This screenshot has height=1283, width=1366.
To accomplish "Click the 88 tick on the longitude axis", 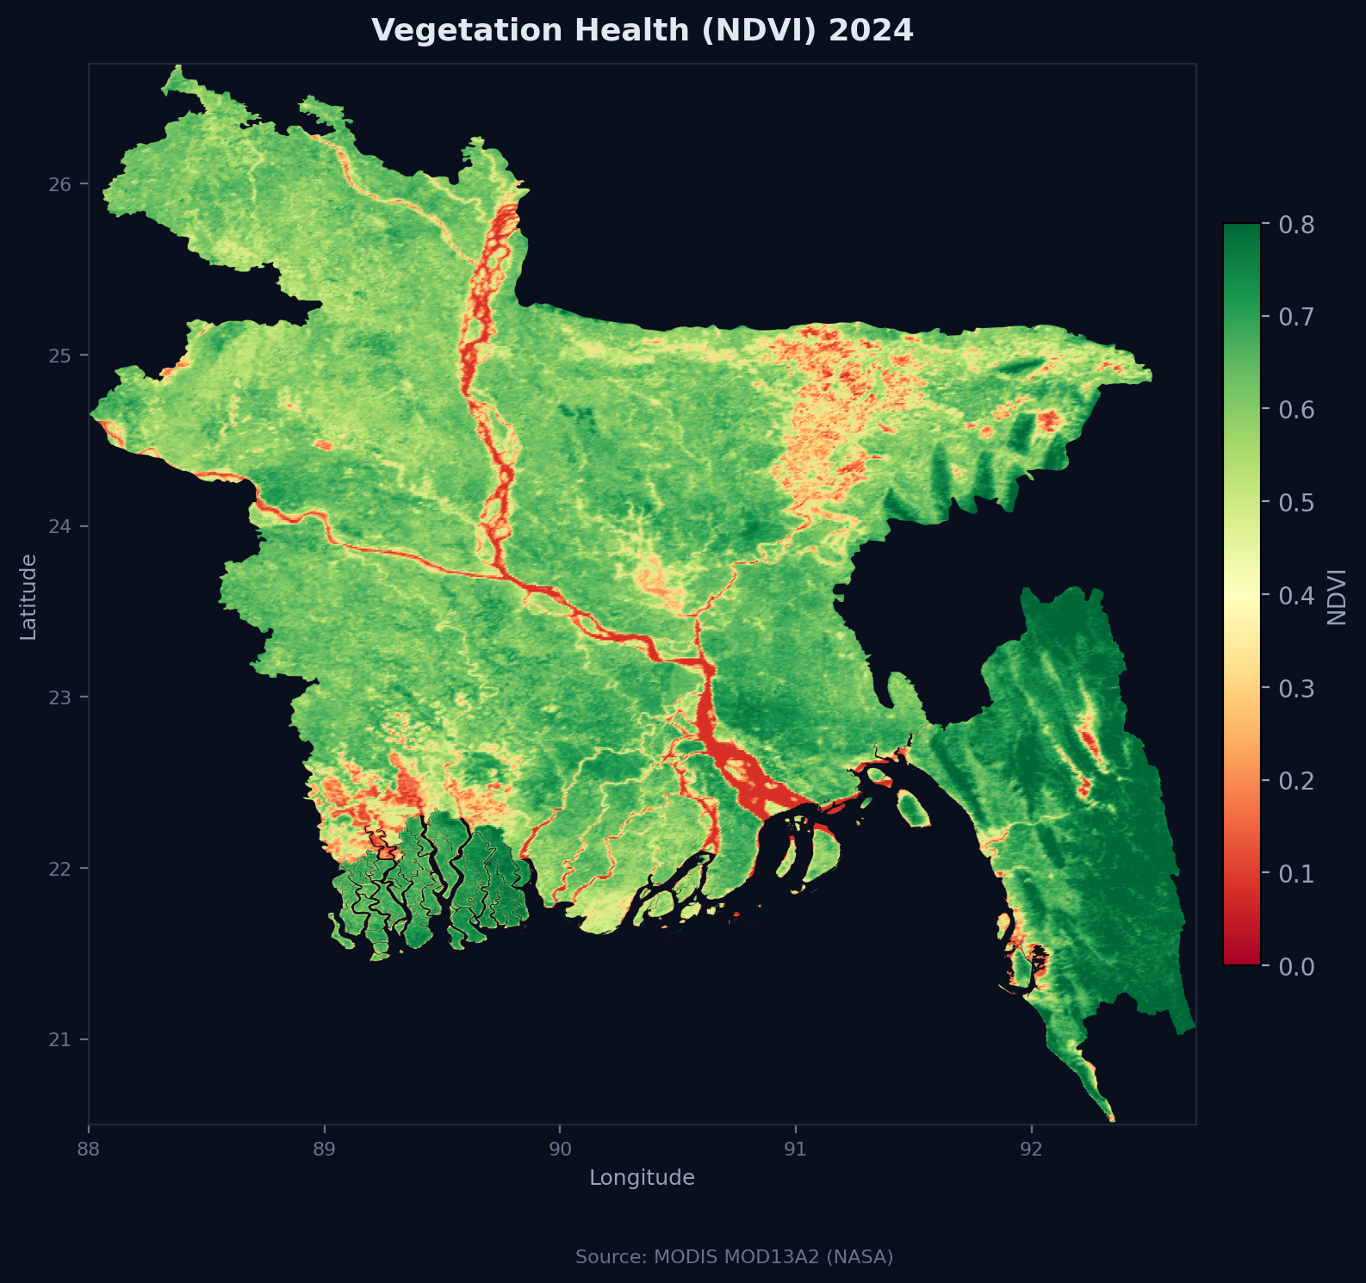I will pyautogui.click(x=89, y=1149).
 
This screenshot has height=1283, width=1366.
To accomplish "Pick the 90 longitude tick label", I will pyautogui.click(x=560, y=1149).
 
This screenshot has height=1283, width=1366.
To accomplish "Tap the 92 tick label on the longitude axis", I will pyautogui.click(x=1031, y=1149).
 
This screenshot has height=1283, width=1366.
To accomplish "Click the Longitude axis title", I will pyautogui.click(x=642, y=1178).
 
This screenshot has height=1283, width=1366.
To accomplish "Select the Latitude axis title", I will pyautogui.click(x=28, y=596).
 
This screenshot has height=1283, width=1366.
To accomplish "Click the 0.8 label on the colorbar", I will pyautogui.click(x=1296, y=225).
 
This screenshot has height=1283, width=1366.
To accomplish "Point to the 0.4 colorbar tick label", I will pyautogui.click(x=1296, y=595).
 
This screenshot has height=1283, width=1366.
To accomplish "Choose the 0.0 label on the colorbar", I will pyautogui.click(x=1296, y=966).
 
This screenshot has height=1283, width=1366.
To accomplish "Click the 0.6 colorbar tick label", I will pyautogui.click(x=1296, y=410).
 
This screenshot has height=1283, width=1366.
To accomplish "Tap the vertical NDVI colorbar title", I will pyautogui.click(x=1337, y=596).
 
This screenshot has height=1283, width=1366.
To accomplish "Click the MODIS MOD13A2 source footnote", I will pyautogui.click(x=734, y=1257).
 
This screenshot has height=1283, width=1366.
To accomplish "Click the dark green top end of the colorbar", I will pyautogui.click(x=1241, y=232).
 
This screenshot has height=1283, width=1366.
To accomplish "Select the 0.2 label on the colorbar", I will pyautogui.click(x=1296, y=781).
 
